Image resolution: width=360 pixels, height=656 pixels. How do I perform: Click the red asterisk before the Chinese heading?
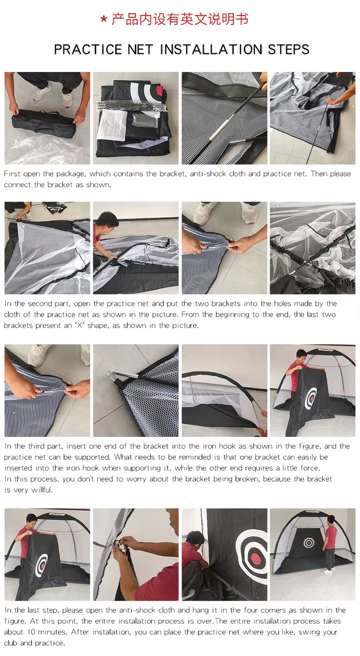tap(103, 20)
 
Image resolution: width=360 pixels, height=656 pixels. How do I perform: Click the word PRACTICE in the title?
tap(88, 49)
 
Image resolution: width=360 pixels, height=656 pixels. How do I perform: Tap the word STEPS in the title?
tap(288, 49)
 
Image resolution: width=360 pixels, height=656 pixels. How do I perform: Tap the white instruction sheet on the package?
tap(112, 126)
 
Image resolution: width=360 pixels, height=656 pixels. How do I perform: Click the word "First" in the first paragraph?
tap(12, 174)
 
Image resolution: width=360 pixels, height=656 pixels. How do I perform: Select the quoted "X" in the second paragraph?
tap(80, 325)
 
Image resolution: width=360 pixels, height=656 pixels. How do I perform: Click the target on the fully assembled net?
tap(309, 543)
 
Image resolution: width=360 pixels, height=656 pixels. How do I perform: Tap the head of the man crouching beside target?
tap(196, 537)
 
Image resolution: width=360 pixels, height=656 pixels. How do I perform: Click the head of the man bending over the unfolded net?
tap(108, 220)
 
